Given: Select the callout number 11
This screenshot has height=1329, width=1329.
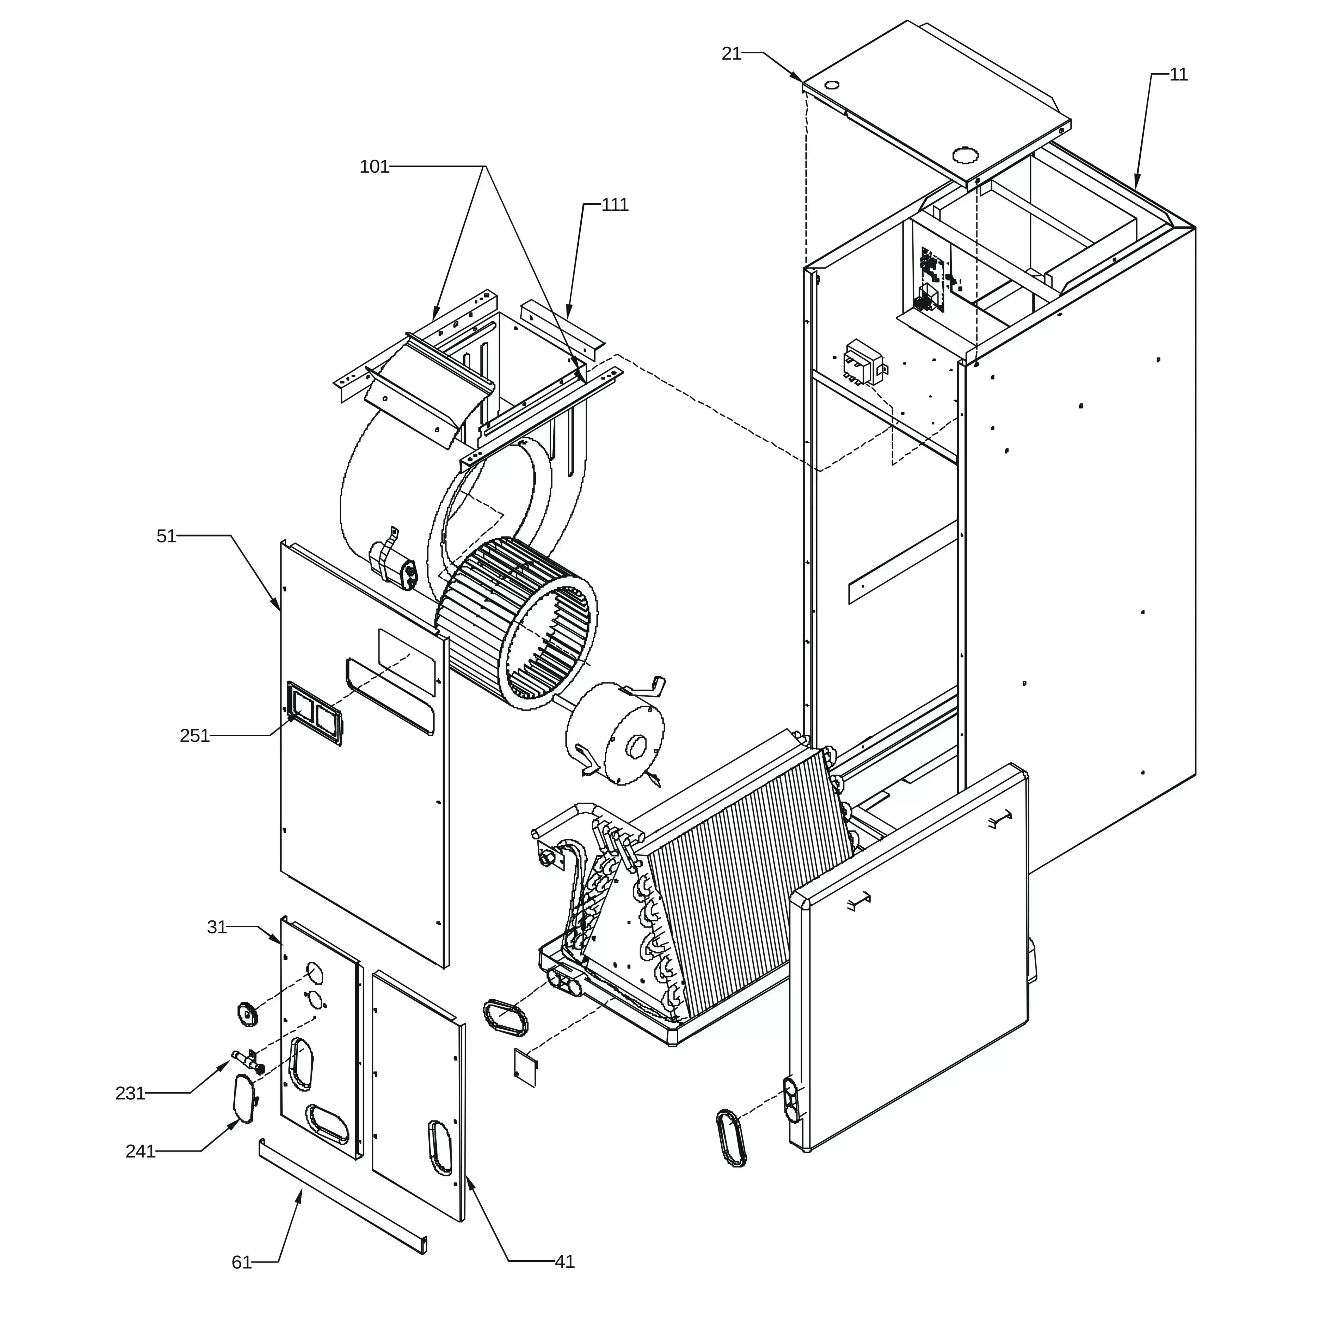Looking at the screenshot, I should [x=1178, y=74].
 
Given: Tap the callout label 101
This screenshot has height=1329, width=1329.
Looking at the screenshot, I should [x=374, y=166].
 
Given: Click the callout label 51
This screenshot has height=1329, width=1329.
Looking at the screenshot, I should [x=166, y=536].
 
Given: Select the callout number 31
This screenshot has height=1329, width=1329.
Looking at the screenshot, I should [x=217, y=927].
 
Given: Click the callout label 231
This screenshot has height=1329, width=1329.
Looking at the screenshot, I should [x=130, y=1092].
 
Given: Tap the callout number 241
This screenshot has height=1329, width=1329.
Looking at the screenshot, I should [x=140, y=1151].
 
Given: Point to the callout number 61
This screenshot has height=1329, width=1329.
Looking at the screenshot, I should [x=242, y=1262].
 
